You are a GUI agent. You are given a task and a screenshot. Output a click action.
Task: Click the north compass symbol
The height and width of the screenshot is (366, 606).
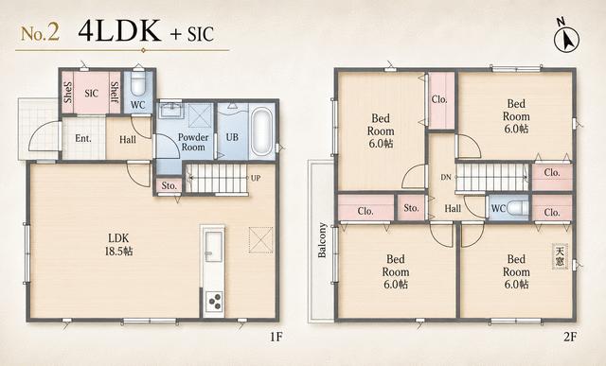pyautogui.click(x=567, y=38)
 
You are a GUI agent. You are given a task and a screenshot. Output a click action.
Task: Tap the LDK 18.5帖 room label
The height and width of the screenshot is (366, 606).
pyautogui.click(x=118, y=244)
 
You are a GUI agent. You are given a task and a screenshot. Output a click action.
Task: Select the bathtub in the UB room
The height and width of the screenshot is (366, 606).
pyautogui.click(x=261, y=131)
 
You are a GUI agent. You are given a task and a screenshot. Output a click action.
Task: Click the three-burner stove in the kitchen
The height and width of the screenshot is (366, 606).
pyautogui.click(x=214, y=301)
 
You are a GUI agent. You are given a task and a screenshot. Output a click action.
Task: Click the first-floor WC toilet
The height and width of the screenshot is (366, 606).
pyautogui.click(x=138, y=82)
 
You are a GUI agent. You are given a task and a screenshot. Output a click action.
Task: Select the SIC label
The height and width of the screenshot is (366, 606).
pyautogui.click(x=92, y=93)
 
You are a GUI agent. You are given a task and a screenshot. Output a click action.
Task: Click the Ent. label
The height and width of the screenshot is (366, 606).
pyautogui.click(x=83, y=138)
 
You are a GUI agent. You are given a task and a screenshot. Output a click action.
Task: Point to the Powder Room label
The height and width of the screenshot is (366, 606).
pyautogui.click(x=193, y=142)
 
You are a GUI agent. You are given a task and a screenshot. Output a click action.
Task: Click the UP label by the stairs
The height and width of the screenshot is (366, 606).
pyautogui.click(x=256, y=178)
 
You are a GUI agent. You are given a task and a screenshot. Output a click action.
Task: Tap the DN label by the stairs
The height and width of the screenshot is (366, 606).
pyautogui.click(x=446, y=178)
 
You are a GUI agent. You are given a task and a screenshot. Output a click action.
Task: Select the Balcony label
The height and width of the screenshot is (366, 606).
pyautogui.click(x=322, y=240)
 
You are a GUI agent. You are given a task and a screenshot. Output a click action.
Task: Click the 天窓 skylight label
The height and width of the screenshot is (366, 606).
pyautogui.click(x=560, y=256)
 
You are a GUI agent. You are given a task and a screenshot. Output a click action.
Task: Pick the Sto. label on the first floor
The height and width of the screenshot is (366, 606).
pyautogui.click(x=169, y=185)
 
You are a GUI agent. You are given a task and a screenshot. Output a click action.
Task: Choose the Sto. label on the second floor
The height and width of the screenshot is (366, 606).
pyautogui.click(x=411, y=208)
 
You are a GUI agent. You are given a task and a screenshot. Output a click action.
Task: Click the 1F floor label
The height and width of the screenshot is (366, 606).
pyautogui.click(x=276, y=337)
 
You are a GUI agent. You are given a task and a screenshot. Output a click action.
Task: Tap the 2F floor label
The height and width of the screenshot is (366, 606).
pyautogui.click(x=570, y=337)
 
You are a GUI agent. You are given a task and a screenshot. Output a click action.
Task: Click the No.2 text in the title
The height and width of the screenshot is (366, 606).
pyautogui.click(x=40, y=33)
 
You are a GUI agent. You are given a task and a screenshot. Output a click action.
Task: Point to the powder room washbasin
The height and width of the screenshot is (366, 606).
pyautogui.click(x=170, y=111)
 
